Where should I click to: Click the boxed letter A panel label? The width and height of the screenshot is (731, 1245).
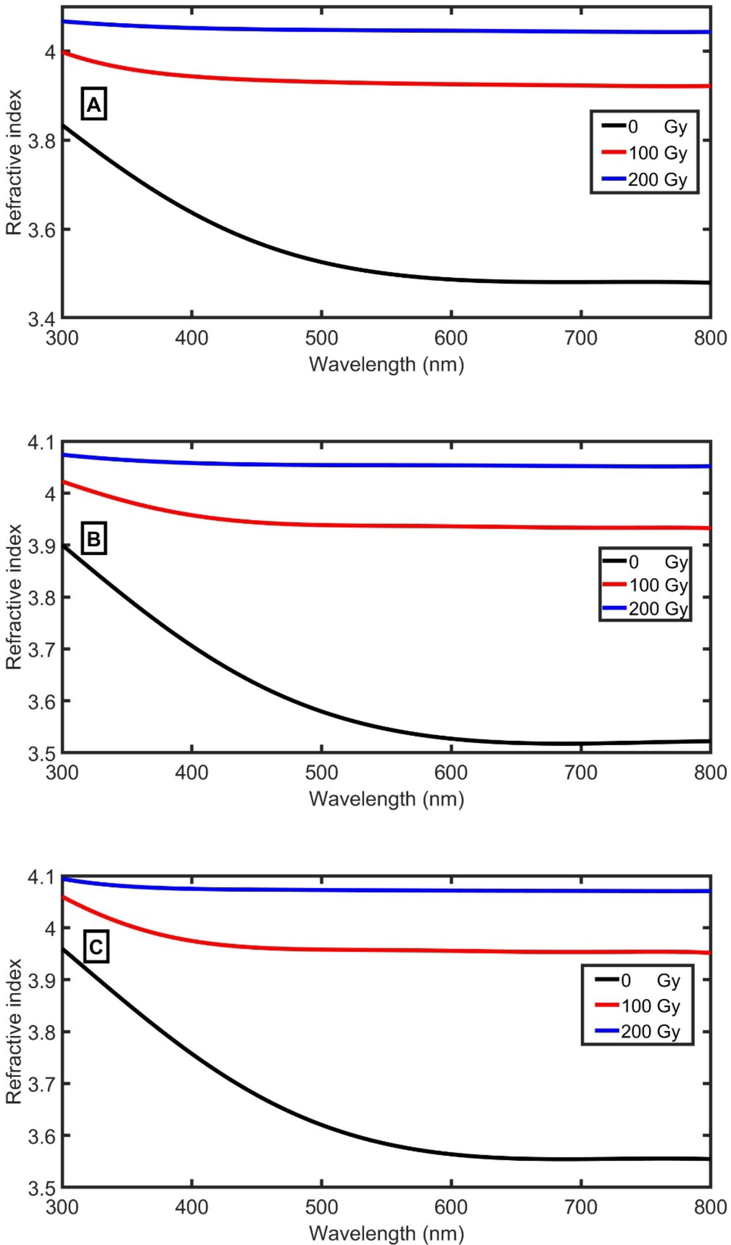tap(94, 104)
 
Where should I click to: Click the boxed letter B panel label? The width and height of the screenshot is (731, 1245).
tap(94, 538)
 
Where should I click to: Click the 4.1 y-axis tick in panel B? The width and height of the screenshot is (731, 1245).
tap(41, 443)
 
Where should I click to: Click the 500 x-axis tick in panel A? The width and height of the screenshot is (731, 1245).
tap(322, 338)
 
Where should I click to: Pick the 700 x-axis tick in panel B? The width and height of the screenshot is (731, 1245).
tap(581, 773)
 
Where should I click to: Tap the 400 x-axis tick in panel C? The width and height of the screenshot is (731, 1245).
tap(191, 1207)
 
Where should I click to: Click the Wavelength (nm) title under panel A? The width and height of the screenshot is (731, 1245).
tap(386, 365)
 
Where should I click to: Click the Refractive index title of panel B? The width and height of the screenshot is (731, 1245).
tap(14, 596)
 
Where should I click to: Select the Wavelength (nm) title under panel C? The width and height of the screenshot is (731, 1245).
tap(386, 1233)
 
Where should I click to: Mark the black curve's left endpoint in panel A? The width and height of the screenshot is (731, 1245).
tap(63, 126)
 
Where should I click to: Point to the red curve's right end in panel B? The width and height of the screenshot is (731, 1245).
tap(710, 528)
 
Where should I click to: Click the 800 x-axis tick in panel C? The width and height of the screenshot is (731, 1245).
tap(710, 1207)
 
